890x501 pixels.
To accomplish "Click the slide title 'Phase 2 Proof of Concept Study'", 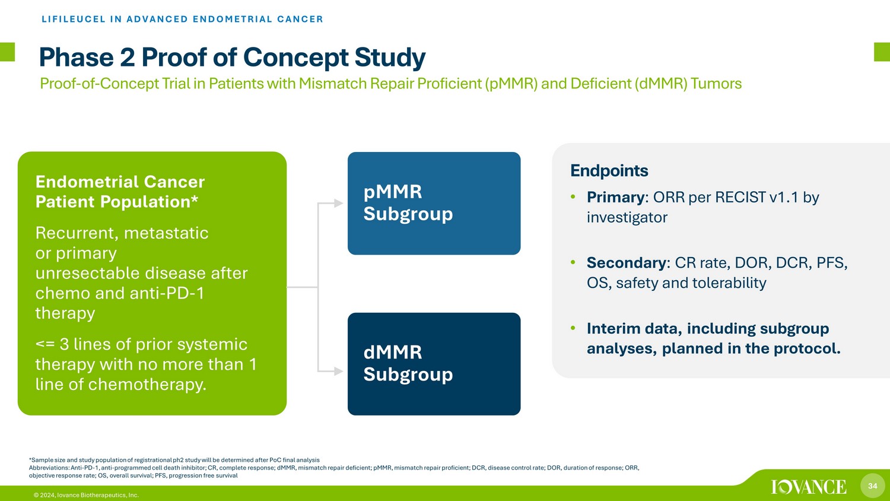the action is pos(233,58).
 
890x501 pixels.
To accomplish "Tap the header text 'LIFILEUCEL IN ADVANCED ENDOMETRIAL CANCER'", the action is pos(182,19).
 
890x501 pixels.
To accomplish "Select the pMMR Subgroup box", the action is pos(434,203).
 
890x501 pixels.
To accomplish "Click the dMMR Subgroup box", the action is pos(434,364).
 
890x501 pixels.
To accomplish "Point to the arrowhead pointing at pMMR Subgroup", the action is pos(338,203).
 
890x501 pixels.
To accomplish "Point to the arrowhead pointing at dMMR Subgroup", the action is pos(338,372).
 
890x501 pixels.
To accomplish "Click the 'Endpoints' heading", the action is pos(609,171).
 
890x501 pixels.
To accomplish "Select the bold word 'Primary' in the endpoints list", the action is pos(616,197).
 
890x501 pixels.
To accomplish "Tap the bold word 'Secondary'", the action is pos(626,263).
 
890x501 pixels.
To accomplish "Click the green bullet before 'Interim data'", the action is pos(573,328).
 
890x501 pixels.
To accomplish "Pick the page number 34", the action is pos(873,486).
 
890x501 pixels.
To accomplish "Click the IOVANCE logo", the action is pos(809,487).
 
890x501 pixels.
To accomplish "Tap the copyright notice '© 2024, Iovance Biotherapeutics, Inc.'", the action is pos(86,495).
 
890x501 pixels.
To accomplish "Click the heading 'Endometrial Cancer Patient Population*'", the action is pos(120,192).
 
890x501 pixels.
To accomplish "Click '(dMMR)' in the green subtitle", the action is pos(661,84).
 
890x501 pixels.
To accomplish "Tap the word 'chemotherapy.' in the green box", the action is pos(147,385).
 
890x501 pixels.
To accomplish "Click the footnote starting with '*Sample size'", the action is pos(174,460).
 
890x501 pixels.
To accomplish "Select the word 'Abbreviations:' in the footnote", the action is pos(49,468).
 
